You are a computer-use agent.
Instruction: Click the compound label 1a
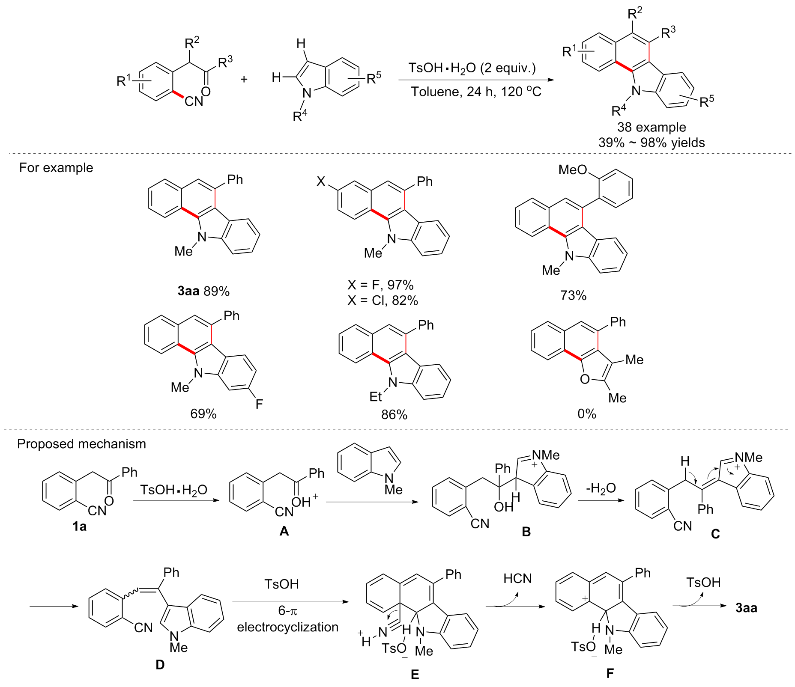[x=80, y=526]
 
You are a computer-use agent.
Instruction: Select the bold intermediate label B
[x=526, y=532]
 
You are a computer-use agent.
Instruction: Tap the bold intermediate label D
[x=160, y=664]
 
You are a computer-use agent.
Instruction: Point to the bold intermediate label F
[x=610, y=673]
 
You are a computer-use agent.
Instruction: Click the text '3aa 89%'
[x=203, y=291]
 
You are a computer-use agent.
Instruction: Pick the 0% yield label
[x=586, y=413]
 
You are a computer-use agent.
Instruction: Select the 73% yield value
[x=573, y=295]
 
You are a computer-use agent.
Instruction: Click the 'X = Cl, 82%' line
[x=383, y=300]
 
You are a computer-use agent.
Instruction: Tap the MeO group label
[x=573, y=170]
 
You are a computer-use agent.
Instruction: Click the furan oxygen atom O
[x=585, y=379]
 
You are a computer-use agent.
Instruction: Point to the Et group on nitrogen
[x=376, y=397]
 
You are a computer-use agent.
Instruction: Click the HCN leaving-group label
[x=517, y=579]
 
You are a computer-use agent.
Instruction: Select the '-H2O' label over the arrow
[x=601, y=488]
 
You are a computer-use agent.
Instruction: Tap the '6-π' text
[x=287, y=610]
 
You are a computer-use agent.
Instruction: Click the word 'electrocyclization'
[x=287, y=627]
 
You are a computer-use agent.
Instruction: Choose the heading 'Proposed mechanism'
[x=81, y=444]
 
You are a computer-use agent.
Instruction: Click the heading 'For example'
[x=56, y=167]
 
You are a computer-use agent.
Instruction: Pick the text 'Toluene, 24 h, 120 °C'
[x=476, y=92]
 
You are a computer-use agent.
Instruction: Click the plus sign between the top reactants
[x=244, y=79]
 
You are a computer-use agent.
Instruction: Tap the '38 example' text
[x=651, y=127]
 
